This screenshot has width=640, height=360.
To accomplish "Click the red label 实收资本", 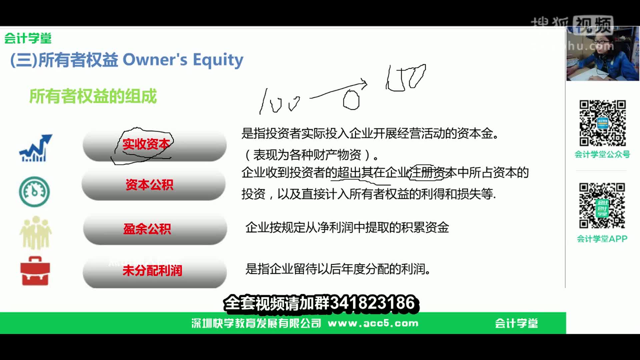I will tap(146, 144).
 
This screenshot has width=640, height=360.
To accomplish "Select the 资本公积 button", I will tap(149, 185).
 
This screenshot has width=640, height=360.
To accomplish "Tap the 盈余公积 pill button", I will tap(147, 229).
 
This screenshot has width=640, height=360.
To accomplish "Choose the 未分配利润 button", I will tap(152, 270).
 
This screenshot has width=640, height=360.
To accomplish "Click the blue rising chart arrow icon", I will tap(35, 148).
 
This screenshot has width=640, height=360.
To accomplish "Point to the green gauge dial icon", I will tap(34, 192).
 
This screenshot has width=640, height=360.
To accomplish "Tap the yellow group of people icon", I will tap(35, 233).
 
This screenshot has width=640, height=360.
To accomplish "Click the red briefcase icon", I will tap(35, 271).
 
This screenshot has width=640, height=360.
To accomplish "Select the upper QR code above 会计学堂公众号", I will tap(602, 123).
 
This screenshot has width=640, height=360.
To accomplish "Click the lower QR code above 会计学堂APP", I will tap(602, 205).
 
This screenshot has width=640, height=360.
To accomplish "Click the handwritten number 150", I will tap(406, 78).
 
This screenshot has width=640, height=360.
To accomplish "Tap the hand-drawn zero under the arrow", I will tap(351, 100).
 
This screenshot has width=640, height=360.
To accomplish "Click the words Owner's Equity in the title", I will tap(183, 60).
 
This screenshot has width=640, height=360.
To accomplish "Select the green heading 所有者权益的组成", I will tap(93, 96).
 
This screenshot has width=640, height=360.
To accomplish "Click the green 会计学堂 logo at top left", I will tap(28, 38).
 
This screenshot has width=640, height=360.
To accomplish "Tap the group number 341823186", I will tap(372, 303).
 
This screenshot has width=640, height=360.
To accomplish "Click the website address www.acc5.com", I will tap(373, 323).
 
